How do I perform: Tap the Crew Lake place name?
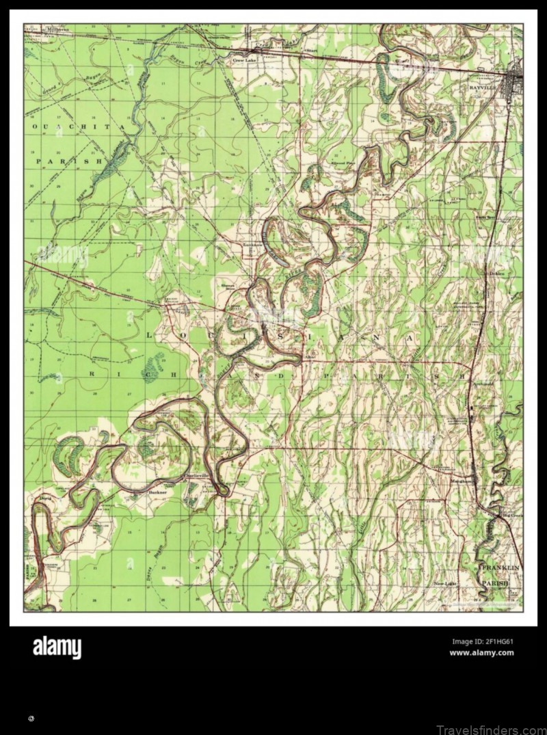(242, 60)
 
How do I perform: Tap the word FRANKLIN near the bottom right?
(500, 568)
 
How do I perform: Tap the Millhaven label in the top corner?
(58, 30)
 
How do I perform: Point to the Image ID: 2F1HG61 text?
(482, 641)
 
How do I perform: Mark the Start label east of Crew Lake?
(312, 51)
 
